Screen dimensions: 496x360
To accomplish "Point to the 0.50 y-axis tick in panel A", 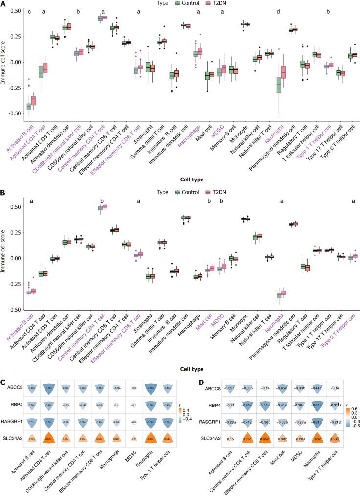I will tap(17, 11).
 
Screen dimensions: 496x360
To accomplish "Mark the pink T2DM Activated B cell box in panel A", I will tap(34, 100).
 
